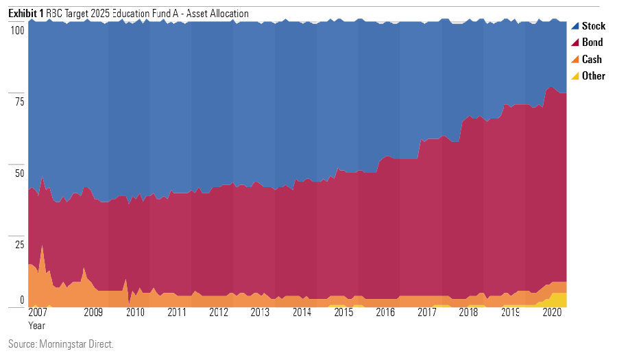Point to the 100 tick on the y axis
point(17,30)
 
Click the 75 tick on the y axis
point(21,102)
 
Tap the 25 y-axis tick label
point(21,245)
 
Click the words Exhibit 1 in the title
point(26,14)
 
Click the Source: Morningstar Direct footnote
point(61,344)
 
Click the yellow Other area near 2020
point(559,300)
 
